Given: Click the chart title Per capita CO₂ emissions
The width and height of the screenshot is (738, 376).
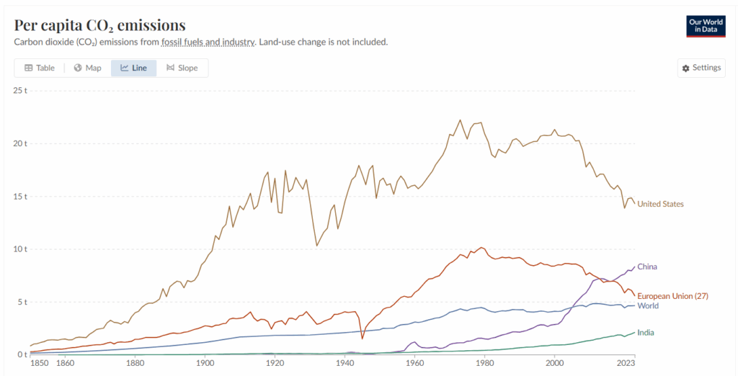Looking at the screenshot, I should click(99, 25).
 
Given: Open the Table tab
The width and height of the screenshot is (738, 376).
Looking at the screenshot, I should click(40, 68).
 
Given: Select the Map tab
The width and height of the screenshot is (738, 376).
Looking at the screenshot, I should click(87, 68).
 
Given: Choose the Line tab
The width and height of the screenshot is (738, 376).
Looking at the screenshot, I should click(133, 68).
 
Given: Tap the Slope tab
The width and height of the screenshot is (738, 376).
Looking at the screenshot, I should click(182, 68).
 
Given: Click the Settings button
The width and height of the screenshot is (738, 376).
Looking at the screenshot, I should click(700, 68).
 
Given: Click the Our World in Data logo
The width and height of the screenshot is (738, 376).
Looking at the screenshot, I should click(705, 25).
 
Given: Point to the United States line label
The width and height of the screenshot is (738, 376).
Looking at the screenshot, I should click(660, 204).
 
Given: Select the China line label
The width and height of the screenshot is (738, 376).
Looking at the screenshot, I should click(647, 267).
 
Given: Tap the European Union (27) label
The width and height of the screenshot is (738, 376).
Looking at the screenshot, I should click(672, 296).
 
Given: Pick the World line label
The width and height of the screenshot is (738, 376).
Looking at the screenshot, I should click(648, 306).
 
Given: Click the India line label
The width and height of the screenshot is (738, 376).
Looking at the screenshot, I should click(646, 332).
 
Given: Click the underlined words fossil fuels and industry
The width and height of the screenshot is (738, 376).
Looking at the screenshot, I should click(208, 42).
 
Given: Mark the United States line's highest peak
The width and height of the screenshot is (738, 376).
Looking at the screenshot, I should click(460, 120).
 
